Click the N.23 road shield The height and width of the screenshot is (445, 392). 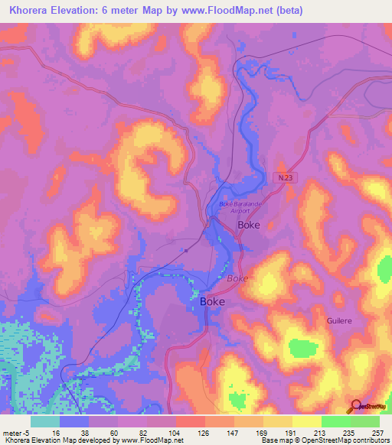(285, 177)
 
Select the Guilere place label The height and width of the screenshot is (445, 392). (338, 320)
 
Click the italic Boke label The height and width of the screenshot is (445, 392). (237, 278)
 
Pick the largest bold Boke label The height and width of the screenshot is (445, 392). (212, 302)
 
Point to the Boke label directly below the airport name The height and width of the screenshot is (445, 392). (249, 226)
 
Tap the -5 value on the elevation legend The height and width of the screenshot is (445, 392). (28, 432)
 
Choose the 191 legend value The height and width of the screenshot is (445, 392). (291, 432)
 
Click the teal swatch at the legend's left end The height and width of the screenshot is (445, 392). (45, 421)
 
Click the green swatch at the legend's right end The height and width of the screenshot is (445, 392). (365, 421)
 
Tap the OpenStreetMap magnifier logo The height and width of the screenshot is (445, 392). (356, 406)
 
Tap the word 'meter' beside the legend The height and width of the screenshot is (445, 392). (11, 432)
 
